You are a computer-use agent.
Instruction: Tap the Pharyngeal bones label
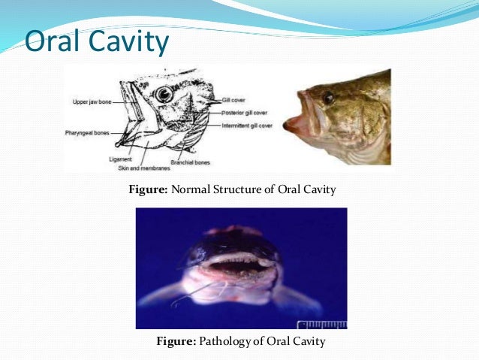87,133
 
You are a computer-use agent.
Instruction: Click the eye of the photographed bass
328,98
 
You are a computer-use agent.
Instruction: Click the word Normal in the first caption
191,189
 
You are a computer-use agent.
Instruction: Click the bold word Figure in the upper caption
149,189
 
